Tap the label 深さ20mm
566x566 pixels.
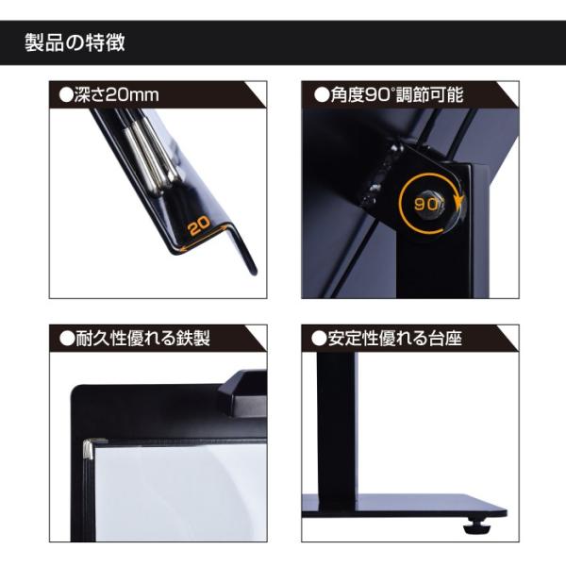coord(108,95)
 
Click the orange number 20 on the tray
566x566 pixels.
coord(198,226)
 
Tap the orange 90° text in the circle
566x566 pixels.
coord(426,202)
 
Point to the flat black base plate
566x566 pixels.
coord(406,505)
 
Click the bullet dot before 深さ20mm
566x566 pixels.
coord(66,95)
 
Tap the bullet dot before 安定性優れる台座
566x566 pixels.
coord(318,338)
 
